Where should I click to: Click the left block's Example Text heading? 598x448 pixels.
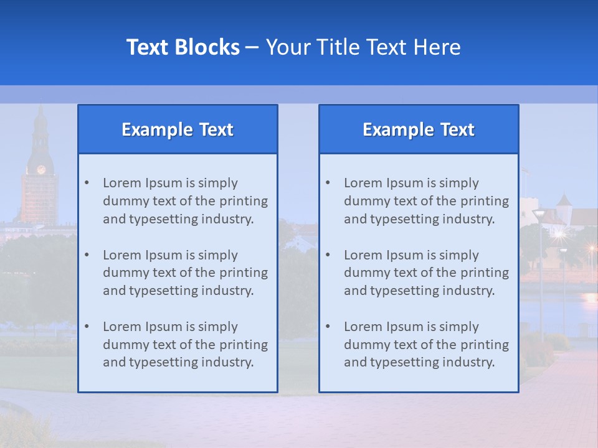click(178, 129)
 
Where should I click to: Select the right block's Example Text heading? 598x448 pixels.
click(419, 129)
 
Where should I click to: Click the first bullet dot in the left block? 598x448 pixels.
click(87, 183)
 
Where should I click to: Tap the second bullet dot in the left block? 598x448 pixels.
click(87, 255)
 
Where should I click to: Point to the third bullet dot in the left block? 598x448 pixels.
click(87, 327)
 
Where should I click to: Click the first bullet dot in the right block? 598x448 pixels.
click(328, 183)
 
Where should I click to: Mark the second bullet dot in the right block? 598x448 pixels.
click(328, 255)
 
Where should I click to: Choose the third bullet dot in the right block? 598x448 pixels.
click(328, 327)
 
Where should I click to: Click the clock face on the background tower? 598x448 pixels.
click(41, 169)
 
